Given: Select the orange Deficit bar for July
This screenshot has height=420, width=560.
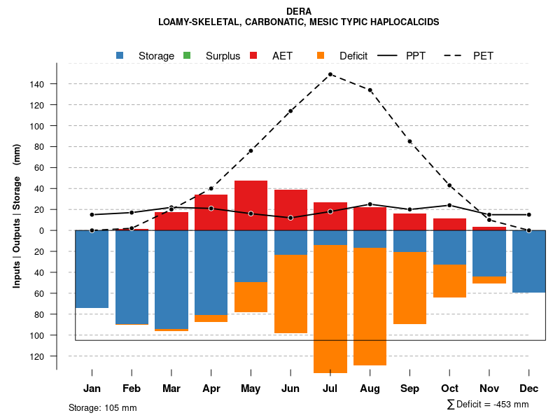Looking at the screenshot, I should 330,308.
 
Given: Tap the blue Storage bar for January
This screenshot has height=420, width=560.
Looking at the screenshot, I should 92,269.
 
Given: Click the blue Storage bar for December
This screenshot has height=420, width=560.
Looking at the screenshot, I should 528,261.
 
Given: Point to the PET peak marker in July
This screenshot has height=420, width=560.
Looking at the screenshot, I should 330,74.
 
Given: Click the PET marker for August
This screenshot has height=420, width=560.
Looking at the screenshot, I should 370,90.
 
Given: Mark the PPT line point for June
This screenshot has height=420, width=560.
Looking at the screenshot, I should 290,218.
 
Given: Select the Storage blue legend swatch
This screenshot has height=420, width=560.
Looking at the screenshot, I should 120,56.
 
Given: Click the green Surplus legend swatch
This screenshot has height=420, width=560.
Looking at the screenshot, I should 187,56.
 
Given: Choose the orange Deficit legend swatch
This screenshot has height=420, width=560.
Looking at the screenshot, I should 321,56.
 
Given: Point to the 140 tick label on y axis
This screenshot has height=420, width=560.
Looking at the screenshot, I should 36,84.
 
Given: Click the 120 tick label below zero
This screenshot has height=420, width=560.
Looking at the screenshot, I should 36,356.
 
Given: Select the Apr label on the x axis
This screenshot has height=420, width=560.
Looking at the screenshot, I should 211,388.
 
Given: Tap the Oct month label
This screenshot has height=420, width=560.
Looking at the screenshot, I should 450,388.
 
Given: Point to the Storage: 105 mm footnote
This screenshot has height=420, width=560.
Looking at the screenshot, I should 103,407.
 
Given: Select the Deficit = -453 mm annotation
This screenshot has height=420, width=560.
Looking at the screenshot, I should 488,405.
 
